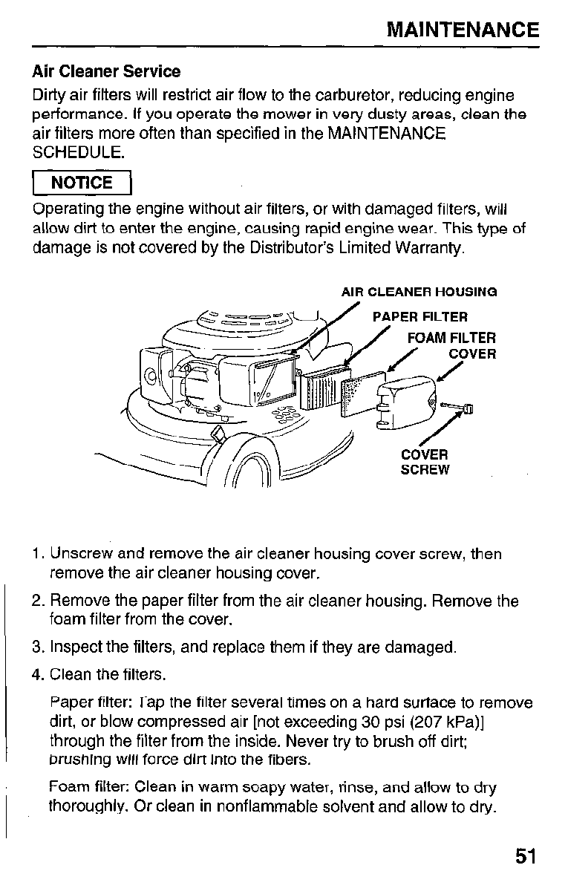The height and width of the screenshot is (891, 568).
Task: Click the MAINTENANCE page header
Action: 464,30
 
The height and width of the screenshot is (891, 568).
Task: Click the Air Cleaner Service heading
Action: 106,72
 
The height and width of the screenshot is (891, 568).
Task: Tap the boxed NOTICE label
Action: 82,183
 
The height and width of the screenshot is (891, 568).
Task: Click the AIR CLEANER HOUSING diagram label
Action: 419,292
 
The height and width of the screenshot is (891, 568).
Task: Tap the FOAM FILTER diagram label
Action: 451,339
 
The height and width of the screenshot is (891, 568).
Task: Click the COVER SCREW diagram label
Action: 425,462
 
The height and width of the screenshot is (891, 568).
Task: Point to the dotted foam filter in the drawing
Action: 362,397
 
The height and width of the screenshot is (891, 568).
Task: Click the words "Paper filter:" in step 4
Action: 81,702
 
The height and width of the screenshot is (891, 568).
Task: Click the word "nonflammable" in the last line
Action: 262,806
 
